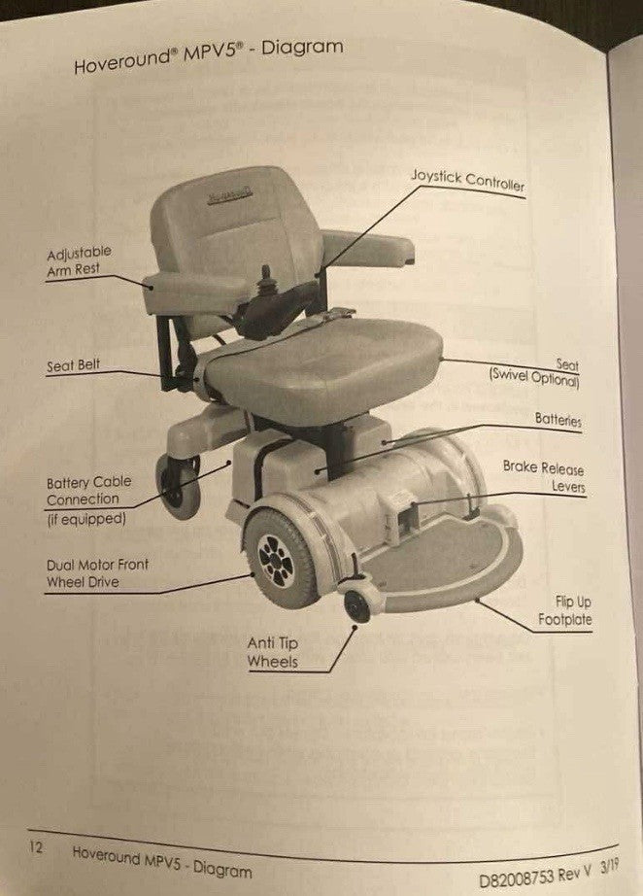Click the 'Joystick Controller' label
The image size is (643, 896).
466,181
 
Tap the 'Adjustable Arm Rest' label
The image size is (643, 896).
79,263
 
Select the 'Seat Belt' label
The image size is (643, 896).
74,367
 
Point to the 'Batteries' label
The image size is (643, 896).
558,420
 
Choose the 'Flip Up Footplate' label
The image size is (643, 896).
564,610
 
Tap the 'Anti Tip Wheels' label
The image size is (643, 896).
272,653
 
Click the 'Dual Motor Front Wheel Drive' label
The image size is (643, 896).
97,573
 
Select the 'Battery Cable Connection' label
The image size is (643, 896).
88,491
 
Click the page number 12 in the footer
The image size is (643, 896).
36,846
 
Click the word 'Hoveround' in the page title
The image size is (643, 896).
119,63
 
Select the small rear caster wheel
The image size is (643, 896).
178,486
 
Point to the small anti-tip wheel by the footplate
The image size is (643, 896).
357,606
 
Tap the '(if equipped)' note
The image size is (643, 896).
86,519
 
